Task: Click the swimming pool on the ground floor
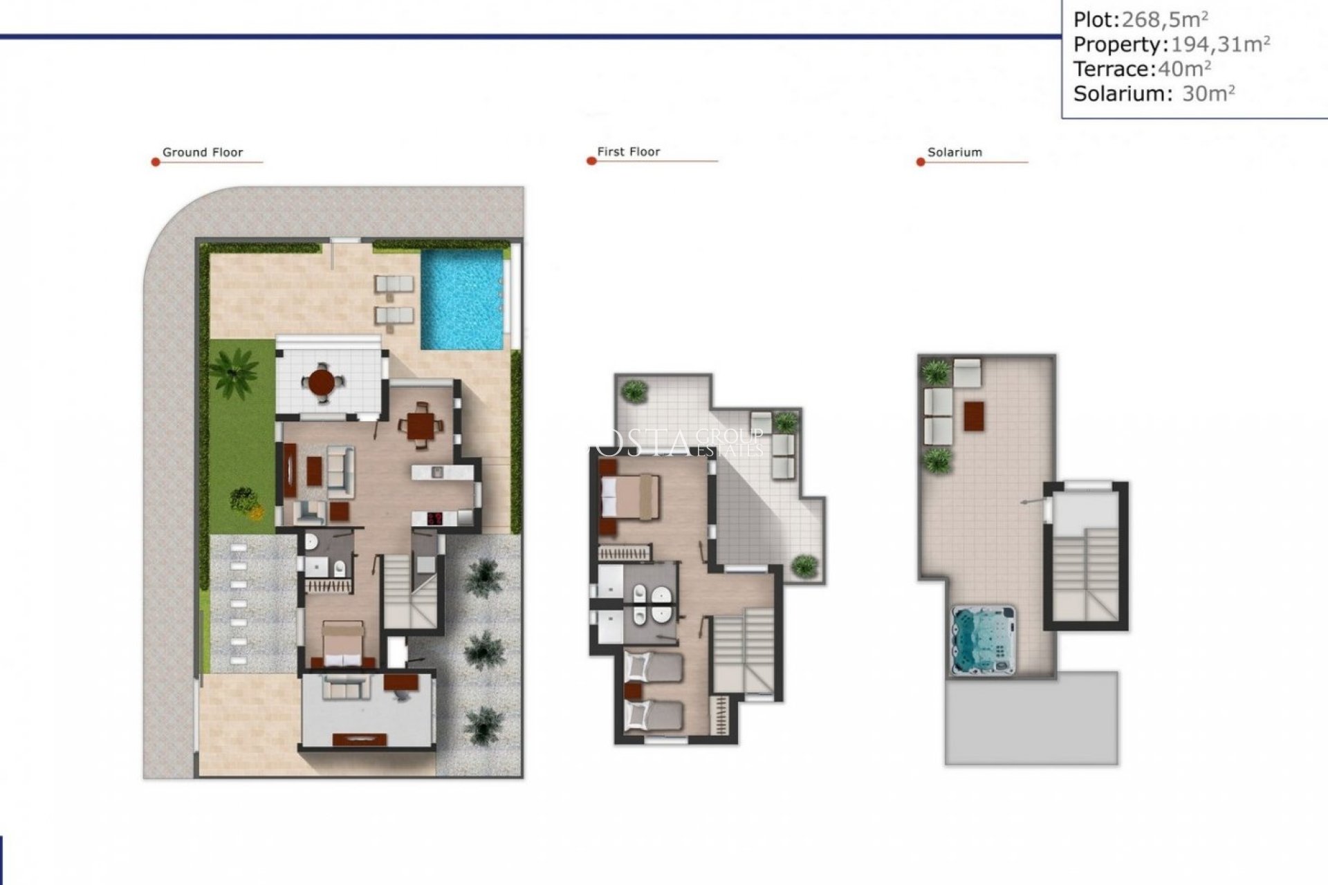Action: pos(462,299)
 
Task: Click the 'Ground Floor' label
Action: pos(203,152)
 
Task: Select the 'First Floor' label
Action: pos(628,151)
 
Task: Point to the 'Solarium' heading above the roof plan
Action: pos(954,152)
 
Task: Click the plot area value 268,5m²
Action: pos(1165,19)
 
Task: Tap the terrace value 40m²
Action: pos(1184,68)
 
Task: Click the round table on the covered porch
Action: pos(321,381)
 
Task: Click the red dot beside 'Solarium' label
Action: pos(921,162)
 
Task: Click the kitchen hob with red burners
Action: pos(435,518)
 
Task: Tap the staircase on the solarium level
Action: pos(1085,574)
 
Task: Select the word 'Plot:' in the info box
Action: pos(1096,19)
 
